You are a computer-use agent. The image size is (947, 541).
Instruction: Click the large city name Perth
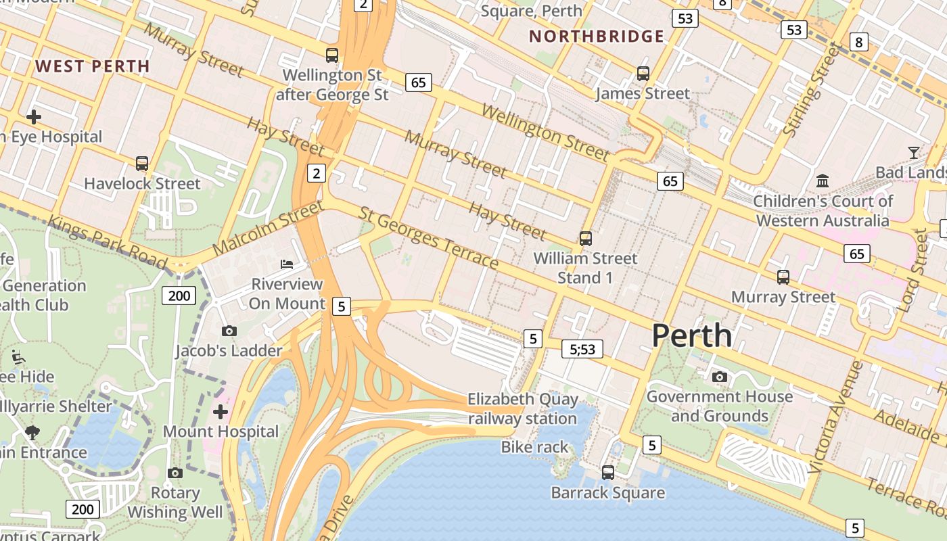pos(691,336)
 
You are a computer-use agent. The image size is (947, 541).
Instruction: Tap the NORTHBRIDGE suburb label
pos(597,37)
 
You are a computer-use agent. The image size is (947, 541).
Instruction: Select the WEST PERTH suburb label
pos(93,66)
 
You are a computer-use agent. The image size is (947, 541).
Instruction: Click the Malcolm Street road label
pos(268,227)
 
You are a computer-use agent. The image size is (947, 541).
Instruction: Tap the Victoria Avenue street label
pos(835,417)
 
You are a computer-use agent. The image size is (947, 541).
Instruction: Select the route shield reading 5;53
pos(582,349)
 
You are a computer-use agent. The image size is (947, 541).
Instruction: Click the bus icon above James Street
pos(643,73)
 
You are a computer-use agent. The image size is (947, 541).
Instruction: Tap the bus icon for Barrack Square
pos(607,473)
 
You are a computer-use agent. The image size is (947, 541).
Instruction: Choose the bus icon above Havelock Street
pos(142,164)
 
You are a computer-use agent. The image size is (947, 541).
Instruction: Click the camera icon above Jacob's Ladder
pos(229,331)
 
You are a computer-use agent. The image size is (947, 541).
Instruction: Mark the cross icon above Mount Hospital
pos(221,411)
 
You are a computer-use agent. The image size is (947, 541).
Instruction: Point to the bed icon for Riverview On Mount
pos(287,264)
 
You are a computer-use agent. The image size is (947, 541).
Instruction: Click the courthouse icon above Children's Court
pos(823,181)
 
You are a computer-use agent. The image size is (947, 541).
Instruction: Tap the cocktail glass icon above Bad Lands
pos(914,152)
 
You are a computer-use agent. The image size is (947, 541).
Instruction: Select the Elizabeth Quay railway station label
pos(522,408)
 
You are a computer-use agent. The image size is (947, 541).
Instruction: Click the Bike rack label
pos(534,447)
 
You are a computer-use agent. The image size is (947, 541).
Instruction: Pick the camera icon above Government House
pos(720,377)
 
